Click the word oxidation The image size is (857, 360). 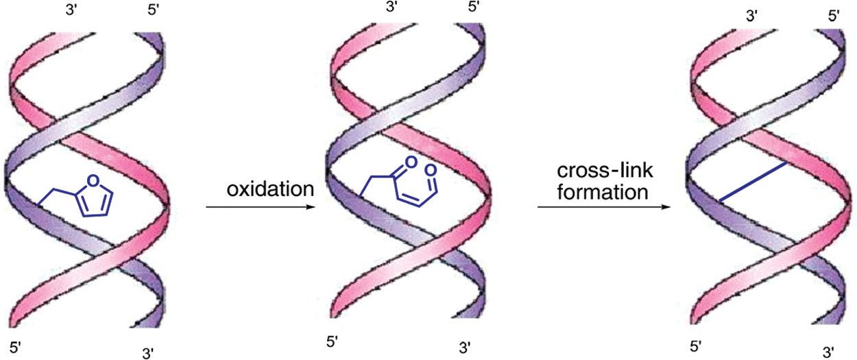point(270,189)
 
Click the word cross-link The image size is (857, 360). point(605,170)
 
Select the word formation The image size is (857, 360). point(602,192)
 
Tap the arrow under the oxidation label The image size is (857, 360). point(261,207)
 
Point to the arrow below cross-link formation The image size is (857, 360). point(604,207)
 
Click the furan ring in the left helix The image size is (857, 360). point(95,196)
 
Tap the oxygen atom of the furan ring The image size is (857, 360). point(93,181)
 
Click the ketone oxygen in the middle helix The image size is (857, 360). point(411,163)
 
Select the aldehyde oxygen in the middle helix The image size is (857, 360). point(431,171)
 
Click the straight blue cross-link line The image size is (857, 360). point(753,181)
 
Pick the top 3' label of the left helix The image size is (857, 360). point(71,10)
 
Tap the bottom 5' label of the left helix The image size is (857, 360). point(15,348)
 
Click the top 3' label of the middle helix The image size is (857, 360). point(391,5)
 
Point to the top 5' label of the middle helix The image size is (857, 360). point(474,5)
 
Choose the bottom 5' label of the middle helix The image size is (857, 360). point(332,341)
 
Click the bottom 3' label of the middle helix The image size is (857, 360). point(465,348)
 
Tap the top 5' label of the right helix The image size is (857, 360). point(834,16)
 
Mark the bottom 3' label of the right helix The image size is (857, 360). point(829,351)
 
